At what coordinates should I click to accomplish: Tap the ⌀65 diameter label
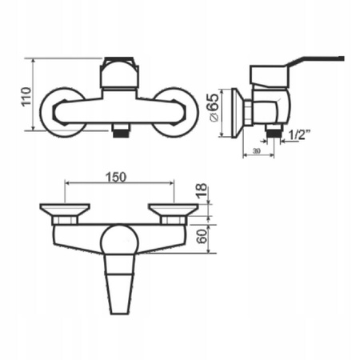point(213,107)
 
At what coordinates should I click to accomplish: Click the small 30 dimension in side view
point(258,150)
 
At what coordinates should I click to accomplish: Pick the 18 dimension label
point(202,192)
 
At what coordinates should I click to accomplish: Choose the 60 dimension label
point(202,234)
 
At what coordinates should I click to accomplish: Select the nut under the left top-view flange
point(66,219)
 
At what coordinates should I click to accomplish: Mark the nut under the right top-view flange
point(171,219)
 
